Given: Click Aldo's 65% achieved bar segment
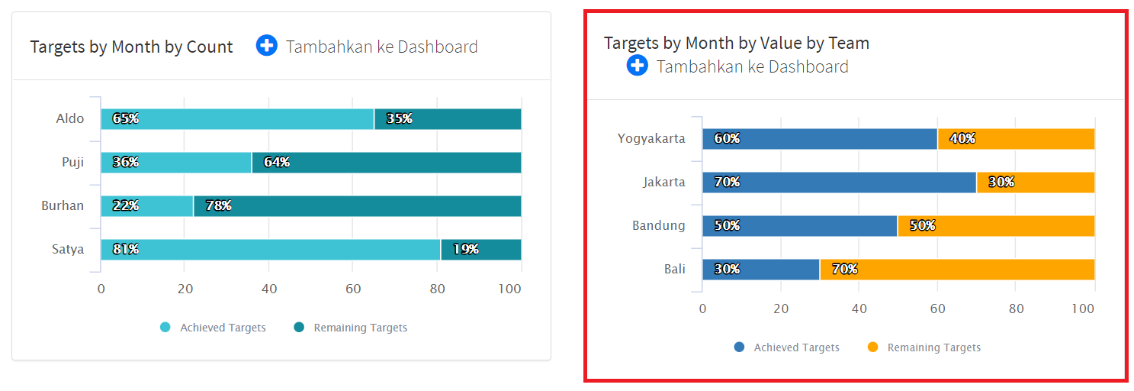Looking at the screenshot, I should coord(237,119).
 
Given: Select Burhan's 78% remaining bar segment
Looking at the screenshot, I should coord(357,206).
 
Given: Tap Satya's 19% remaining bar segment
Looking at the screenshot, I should coord(481,250).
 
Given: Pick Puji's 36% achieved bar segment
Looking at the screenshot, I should coord(176,163).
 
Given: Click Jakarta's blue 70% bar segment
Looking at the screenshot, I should coord(839,183).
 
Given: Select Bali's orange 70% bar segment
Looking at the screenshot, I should coord(957,270).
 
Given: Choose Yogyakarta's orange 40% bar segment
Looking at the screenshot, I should coord(1016,139).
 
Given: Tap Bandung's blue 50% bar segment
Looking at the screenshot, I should coord(799,226).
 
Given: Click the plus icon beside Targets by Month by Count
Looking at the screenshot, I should coord(266,46).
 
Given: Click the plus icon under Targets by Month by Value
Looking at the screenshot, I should coord(637,66).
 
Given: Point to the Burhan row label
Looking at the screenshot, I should coord(63,206).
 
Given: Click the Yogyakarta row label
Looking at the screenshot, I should coord(651,139).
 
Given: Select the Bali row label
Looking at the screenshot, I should coord(674,270).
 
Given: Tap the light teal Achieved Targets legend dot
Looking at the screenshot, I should coord(165,328).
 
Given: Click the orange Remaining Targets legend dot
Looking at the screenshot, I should coord(873,347).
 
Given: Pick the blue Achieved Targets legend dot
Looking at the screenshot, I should coord(739,347).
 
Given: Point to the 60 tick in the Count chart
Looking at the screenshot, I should coord(352,289).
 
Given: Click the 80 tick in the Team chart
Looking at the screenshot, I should coord(1016,309).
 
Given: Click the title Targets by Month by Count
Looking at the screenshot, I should coord(131,47).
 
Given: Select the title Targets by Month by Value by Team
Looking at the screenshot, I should coord(736,43).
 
